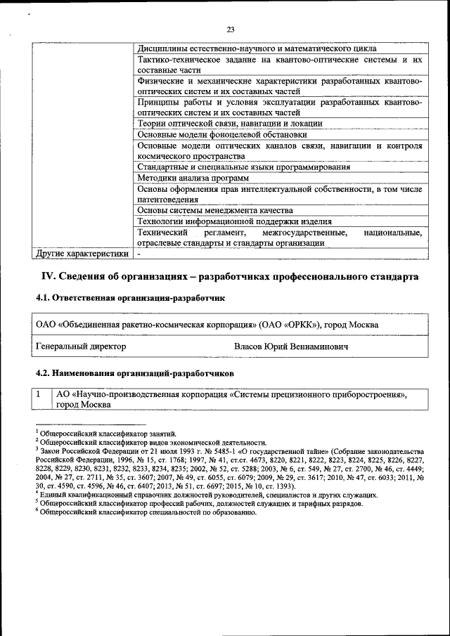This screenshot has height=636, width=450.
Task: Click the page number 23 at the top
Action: point(230,29)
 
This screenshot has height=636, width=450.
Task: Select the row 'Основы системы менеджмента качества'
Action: point(214,210)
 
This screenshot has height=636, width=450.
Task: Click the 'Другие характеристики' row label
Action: point(82,254)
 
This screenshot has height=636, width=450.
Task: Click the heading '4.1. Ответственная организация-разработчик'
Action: point(130,298)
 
